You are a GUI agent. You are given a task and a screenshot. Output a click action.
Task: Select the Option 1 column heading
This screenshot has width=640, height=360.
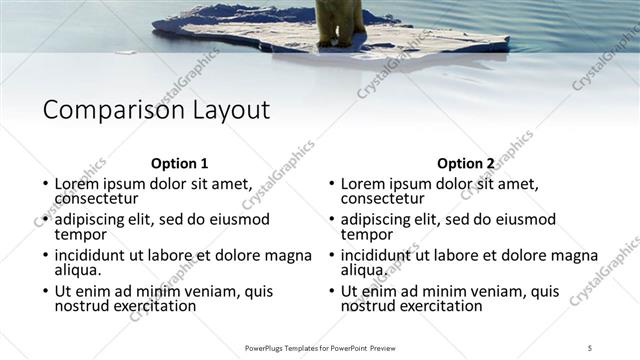click(180, 164)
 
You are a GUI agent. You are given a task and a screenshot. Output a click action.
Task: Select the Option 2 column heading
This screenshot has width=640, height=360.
click(466, 164)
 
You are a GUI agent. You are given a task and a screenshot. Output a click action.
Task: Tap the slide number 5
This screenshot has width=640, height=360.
click(590, 347)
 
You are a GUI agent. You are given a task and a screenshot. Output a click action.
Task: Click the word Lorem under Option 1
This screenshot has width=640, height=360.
click(78, 184)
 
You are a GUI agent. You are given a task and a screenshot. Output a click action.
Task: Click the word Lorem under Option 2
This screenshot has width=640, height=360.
click(364, 184)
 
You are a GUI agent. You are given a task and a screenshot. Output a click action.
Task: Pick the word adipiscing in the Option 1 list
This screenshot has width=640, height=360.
click(93, 219)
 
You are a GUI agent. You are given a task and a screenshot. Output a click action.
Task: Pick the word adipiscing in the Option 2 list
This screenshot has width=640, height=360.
click(379, 219)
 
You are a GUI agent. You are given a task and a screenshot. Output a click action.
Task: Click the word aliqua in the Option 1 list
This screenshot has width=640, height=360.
click(79, 270)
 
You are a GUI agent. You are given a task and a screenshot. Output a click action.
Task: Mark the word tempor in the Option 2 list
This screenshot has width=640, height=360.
click(367, 234)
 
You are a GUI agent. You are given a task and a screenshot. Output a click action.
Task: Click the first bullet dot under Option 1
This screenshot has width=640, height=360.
click(45, 185)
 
